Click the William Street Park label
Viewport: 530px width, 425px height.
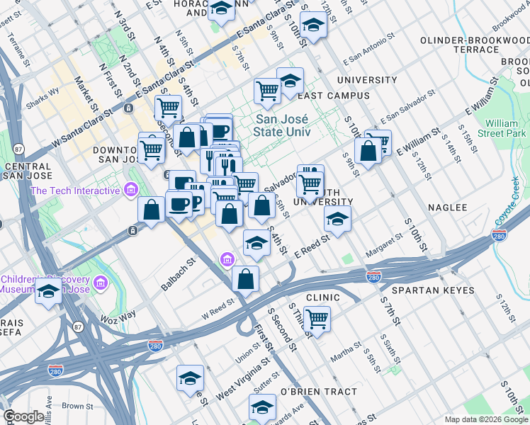[501, 128]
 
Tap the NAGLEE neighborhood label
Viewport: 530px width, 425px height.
[448, 208]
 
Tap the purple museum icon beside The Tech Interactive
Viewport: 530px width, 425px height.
[130, 190]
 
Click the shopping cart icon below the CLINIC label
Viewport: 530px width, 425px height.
[317, 318]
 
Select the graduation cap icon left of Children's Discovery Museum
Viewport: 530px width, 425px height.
[48, 291]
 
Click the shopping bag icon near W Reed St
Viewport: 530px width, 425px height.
[245, 278]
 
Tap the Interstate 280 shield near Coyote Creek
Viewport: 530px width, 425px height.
[500, 234]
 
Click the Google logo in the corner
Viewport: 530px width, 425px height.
[23, 416]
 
